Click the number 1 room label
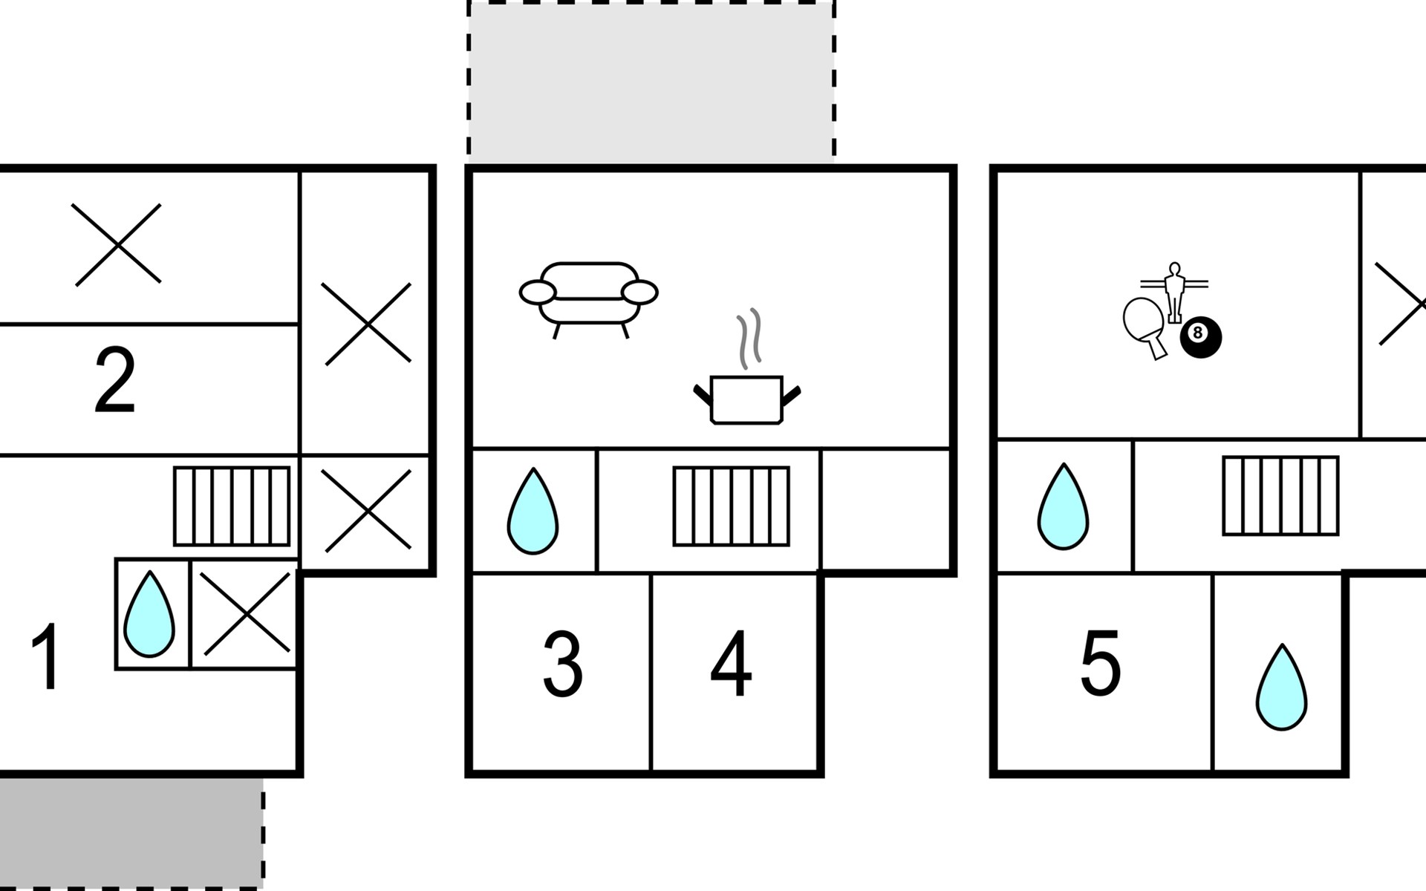tap(46, 656)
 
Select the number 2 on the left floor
tap(115, 381)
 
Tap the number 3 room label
tap(562, 664)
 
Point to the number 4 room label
tap(731, 664)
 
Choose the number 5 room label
tap(1100, 664)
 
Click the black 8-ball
tap(1201, 338)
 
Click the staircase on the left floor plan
tap(232, 506)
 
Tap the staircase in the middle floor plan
tap(732, 506)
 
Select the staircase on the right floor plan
tap(1281, 495)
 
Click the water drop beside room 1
tap(149, 615)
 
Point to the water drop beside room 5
tap(1282, 687)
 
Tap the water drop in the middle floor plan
tap(533, 511)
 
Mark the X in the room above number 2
tap(118, 244)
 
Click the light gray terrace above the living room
tap(651, 82)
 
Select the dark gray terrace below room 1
tap(131, 832)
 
